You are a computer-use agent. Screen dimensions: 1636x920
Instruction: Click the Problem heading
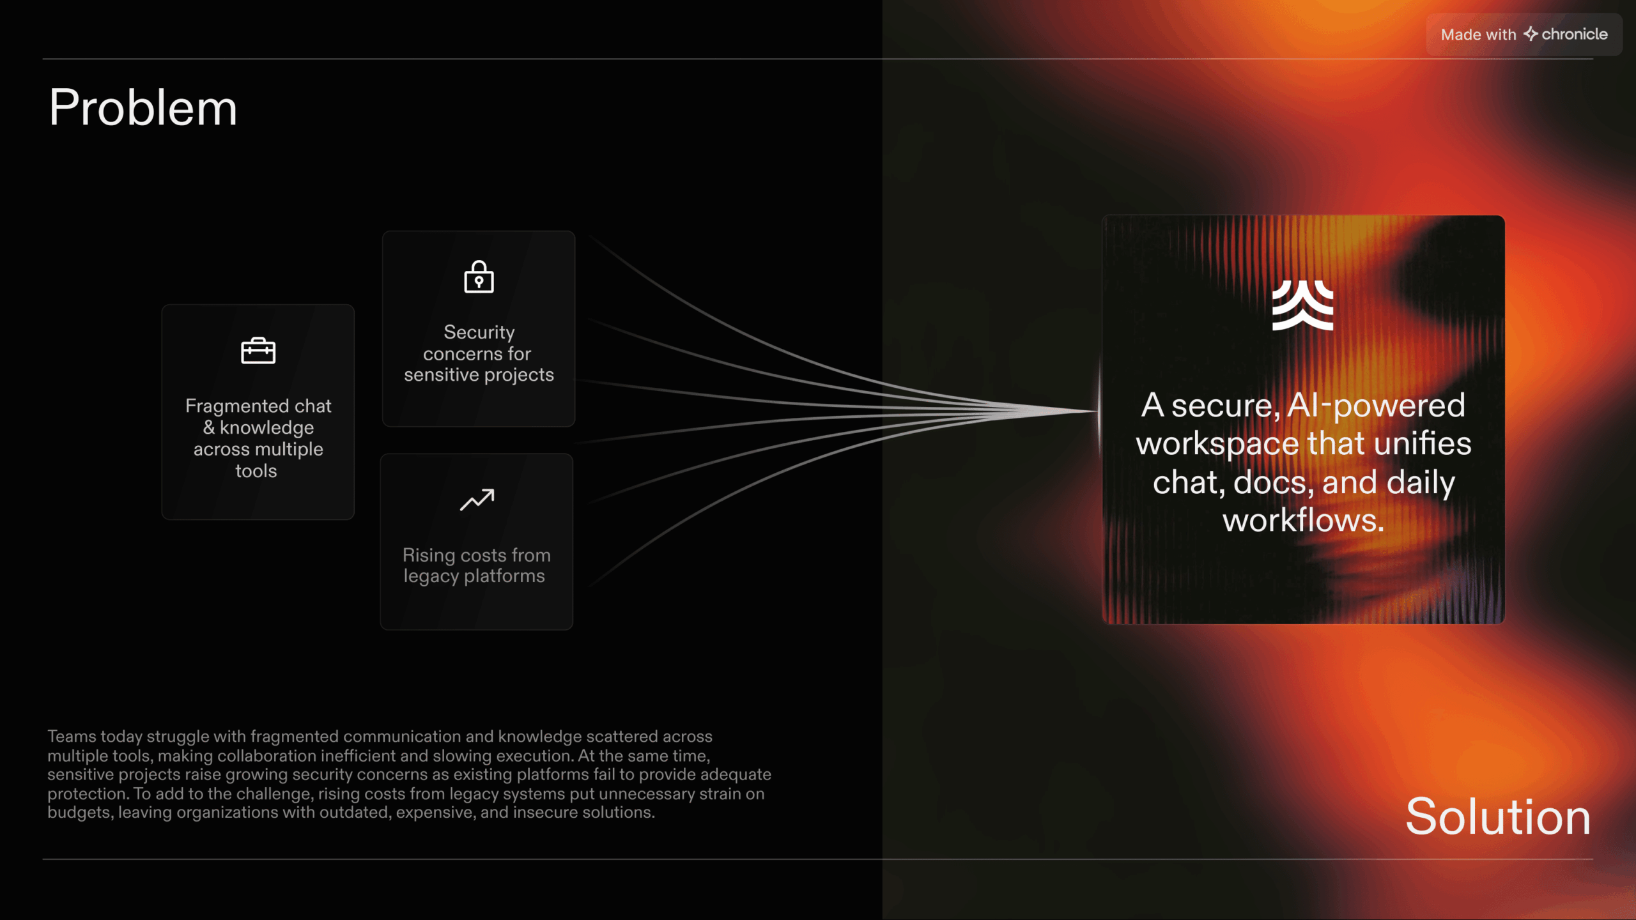coord(143,107)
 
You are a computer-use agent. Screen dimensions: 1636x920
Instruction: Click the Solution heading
coord(1498,816)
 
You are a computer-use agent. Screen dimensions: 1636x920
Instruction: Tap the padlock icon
coord(479,277)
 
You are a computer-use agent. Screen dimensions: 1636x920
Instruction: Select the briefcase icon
coord(258,350)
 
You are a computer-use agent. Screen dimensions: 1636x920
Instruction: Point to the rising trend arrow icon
coord(477,500)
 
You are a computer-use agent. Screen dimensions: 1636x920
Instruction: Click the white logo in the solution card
coord(1302,305)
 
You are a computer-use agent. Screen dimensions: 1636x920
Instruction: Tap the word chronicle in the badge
coord(1575,34)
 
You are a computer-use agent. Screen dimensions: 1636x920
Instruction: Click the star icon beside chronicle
coord(1530,34)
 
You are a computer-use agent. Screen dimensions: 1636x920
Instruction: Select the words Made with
coord(1478,34)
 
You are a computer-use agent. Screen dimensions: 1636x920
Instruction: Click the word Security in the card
coord(479,332)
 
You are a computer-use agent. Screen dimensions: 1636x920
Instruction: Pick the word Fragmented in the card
coord(237,406)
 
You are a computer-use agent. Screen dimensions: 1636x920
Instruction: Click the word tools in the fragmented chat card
coord(256,471)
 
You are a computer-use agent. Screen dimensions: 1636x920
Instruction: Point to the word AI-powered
coord(1376,405)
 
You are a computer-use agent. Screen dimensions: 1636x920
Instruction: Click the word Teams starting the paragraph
coord(72,736)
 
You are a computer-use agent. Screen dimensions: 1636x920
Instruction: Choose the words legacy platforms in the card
coord(474,576)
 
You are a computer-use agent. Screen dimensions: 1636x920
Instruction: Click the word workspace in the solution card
coord(1217,444)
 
